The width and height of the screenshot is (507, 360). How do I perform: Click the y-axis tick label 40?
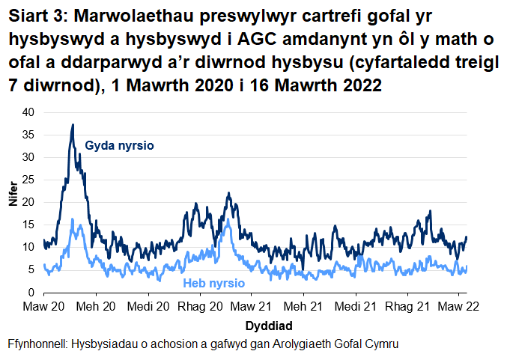pos(28,112)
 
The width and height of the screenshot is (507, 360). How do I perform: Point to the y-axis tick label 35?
pos(28,135)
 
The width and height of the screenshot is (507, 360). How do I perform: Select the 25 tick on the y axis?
pos(28,180)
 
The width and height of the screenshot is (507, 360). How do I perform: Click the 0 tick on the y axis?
pos(31,292)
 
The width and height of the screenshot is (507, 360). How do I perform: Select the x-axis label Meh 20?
pos(97,307)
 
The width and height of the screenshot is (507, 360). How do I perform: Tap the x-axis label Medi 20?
pos(148,307)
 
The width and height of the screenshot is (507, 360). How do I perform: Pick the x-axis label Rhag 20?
pos(201,307)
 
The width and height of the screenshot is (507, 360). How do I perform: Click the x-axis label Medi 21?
pos(355,307)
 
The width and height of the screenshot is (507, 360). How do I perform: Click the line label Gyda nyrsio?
pos(120,145)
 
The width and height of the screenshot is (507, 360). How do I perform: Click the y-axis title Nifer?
pos(11,202)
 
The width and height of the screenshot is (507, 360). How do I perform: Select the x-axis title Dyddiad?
pos(268,326)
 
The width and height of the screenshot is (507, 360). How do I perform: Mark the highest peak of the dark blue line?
pos(73,125)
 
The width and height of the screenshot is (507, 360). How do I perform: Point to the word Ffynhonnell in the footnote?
pos(37,344)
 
